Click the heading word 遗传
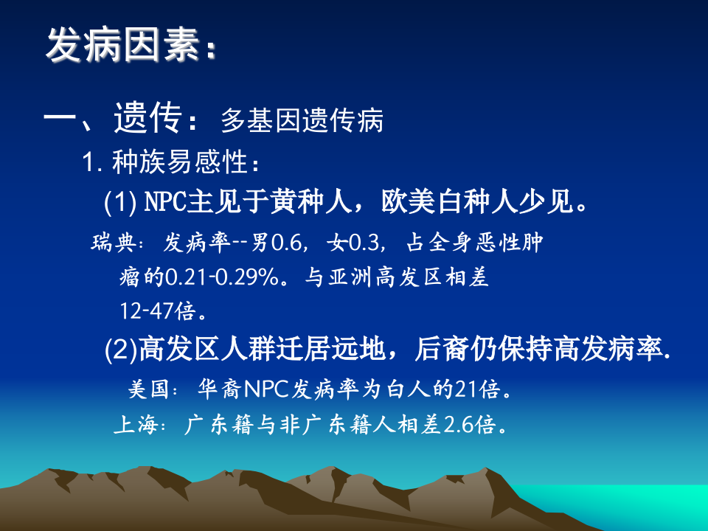click(x=147, y=118)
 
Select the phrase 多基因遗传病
click(x=302, y=121)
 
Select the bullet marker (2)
click(x=120, y=349)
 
